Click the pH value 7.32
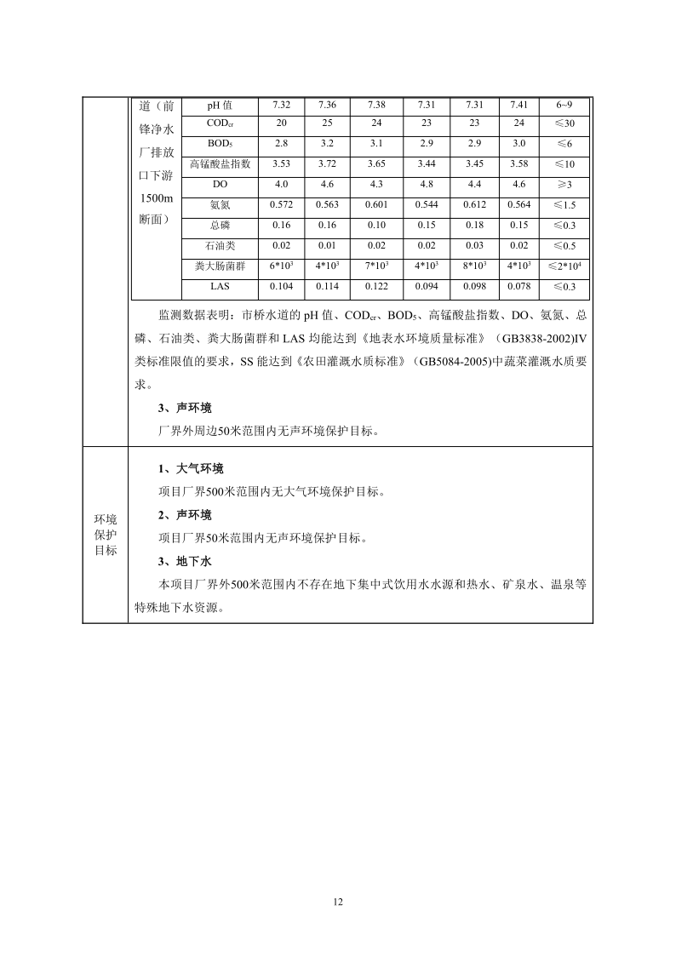pos(282,106)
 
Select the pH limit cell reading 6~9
pos(565,106)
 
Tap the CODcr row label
pos(220,124)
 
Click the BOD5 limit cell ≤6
pos(565,144)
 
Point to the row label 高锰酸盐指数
pos(220,163)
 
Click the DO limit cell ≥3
pos(565,184)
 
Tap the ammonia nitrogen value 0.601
pos(376,204)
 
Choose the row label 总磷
pos(220,226)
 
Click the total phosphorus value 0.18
pos(475,226)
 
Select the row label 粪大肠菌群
pos(220,266)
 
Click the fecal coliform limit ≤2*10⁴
pos(565,266)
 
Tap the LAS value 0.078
pos(518,287)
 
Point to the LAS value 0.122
pos(376,287)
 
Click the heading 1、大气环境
pos(192,469)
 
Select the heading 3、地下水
pos(186,562)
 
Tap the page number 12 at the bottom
pos(338,902)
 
